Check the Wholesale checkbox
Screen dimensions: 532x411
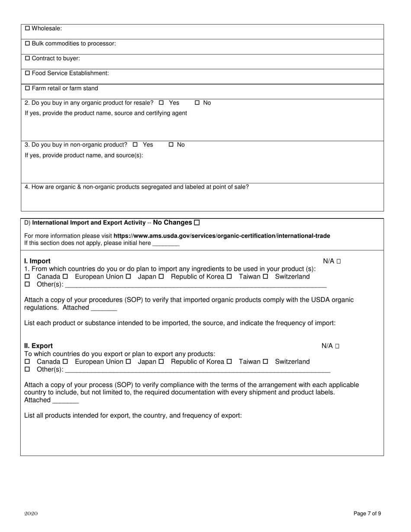point(28,29)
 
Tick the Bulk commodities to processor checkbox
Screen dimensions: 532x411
point(28,44)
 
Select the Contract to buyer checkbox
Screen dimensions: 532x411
point(28,58)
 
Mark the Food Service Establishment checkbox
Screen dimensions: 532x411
point(28,74)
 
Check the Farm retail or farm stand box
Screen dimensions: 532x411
point(28,88)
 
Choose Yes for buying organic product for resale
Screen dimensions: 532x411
point(161,103)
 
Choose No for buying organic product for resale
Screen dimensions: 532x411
point(197,103)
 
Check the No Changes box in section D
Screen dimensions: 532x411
point(197,223)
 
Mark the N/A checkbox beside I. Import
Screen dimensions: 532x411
point(338,261)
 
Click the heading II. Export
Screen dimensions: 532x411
point(39,346)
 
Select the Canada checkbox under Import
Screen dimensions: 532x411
point(27,277)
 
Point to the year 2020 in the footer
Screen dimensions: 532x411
point(31,513)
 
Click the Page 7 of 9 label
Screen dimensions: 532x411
point(367,513)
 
